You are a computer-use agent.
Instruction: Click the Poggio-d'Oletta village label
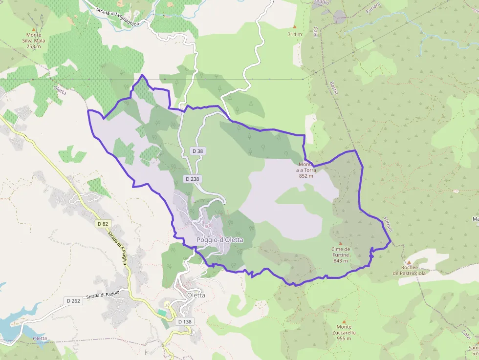pos(219,240)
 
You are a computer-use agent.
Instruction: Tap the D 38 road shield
pos(197,151)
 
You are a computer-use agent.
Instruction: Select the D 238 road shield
pos(193,179)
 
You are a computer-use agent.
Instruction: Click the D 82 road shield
pos(102,224)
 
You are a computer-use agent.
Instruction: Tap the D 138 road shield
pos(185,322)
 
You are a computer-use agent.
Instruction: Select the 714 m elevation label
pos(295,34)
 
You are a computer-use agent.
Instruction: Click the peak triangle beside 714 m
pos(295,27)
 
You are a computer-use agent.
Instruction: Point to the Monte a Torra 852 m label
pos(305,170)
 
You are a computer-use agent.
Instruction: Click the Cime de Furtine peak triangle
pos(340,243)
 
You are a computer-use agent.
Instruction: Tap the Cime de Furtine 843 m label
pos(340,254)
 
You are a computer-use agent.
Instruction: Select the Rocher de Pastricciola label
pos(409,270)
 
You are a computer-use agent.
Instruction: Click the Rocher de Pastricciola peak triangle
pos(409,262)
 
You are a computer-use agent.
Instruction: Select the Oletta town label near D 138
pos(196,295)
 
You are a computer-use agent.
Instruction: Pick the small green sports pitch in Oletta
pos(162,312)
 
